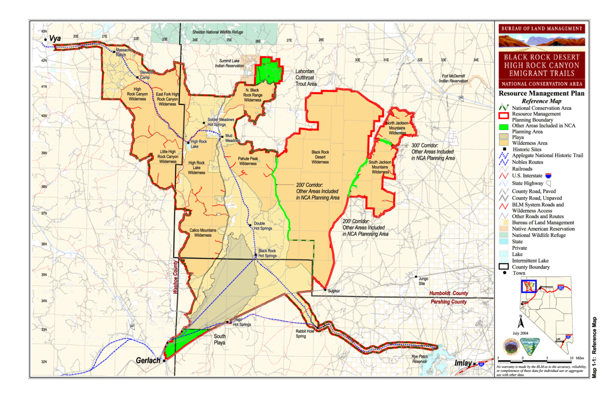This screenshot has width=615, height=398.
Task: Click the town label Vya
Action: (x=55, y=38)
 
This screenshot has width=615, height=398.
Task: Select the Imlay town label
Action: (x=463, y=363)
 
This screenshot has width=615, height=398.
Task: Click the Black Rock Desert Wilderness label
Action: (x=320, y=157)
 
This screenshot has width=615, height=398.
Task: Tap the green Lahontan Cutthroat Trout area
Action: (x=269, y=71)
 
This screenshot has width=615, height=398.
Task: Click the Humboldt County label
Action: (x=449, y=294)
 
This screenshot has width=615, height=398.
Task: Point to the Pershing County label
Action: (x=448, y=302)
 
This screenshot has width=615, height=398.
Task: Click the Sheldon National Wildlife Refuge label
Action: (x=216, y=32)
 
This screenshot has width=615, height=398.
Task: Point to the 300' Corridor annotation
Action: (x=433, y=152)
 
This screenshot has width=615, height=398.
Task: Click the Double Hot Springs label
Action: (x=263, y=226)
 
